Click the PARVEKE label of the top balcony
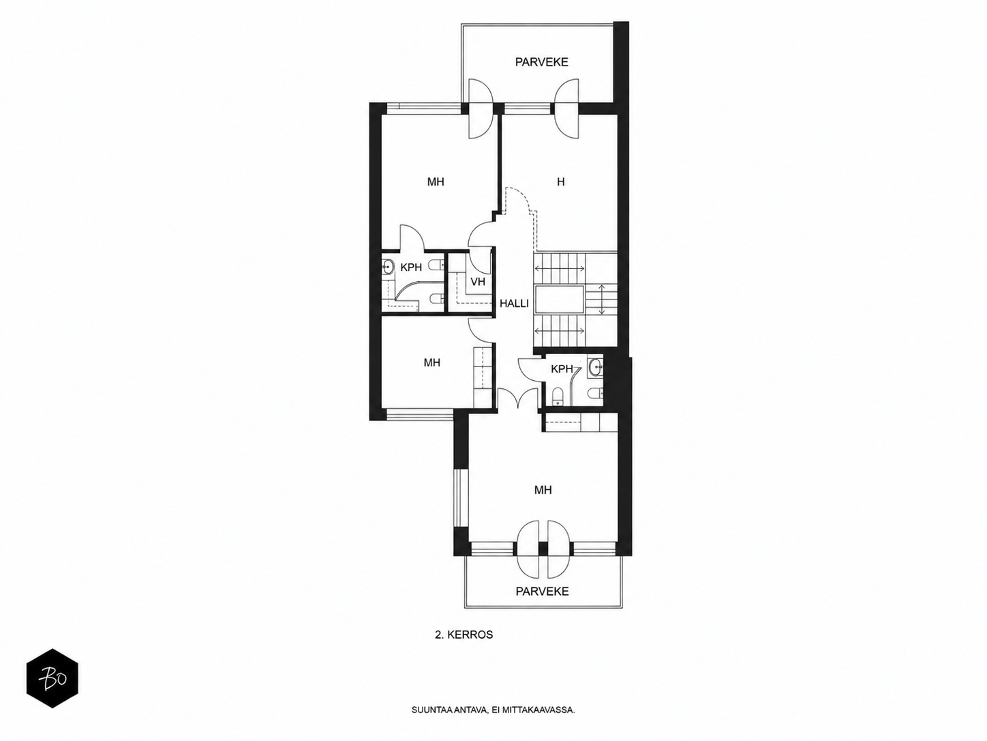tap(541, 62)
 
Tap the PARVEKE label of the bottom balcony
tap(542, 591)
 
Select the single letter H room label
tap(560, 181)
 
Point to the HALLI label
tap(514, 304)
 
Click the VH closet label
tap(478, 282)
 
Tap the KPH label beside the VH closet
tap(411, 267)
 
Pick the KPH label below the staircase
tap(562, 369)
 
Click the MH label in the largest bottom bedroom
tap(543, 490)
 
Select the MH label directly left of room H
tap(436, 181)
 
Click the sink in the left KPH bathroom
tap(387, 268)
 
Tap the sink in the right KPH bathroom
tap(595, 368)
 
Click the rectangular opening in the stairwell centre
tap(558, 299)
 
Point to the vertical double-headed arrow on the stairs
tap(602, 299)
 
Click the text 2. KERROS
tap(464, 635)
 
